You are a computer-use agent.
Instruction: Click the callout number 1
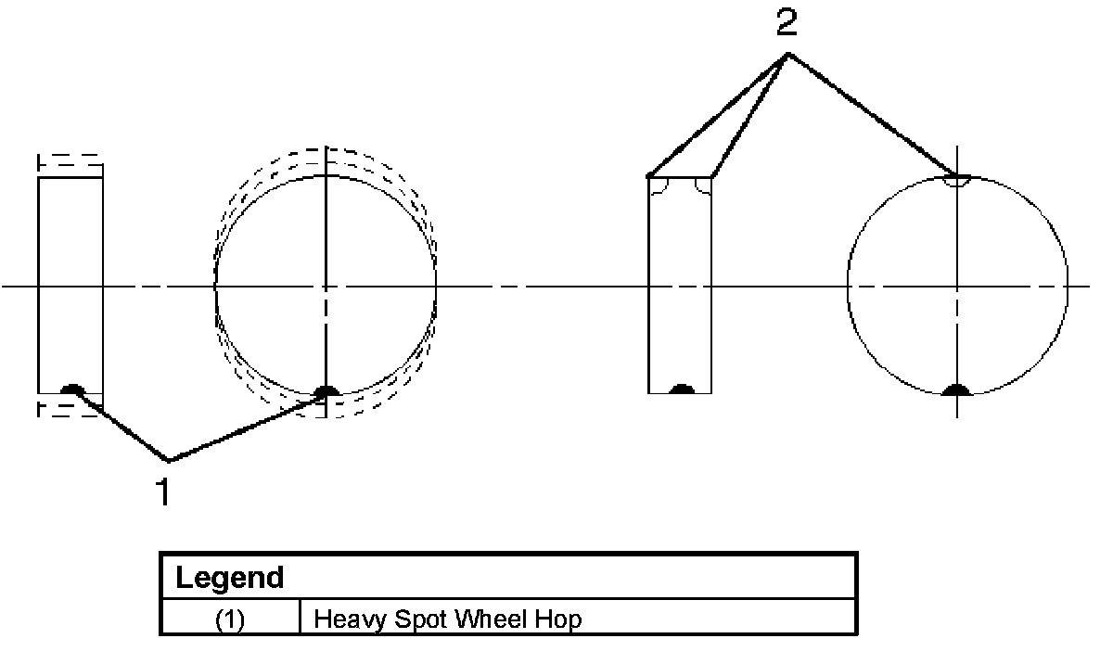[163, 493]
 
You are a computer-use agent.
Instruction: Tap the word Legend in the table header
[229, 578]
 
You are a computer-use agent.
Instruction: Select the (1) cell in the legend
[230, 619]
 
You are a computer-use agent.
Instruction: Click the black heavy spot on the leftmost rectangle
[70, 389]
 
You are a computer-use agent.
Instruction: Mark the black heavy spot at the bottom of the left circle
[326, 392]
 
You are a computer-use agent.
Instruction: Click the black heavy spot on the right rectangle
[682, 389]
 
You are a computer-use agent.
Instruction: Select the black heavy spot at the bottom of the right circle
[956, 390]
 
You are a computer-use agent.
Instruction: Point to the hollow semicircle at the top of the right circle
[956, 181]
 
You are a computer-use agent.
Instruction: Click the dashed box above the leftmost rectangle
[70, 164]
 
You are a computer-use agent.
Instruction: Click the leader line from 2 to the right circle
[872, 114]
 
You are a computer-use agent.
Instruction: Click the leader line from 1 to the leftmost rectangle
[121, 426]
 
